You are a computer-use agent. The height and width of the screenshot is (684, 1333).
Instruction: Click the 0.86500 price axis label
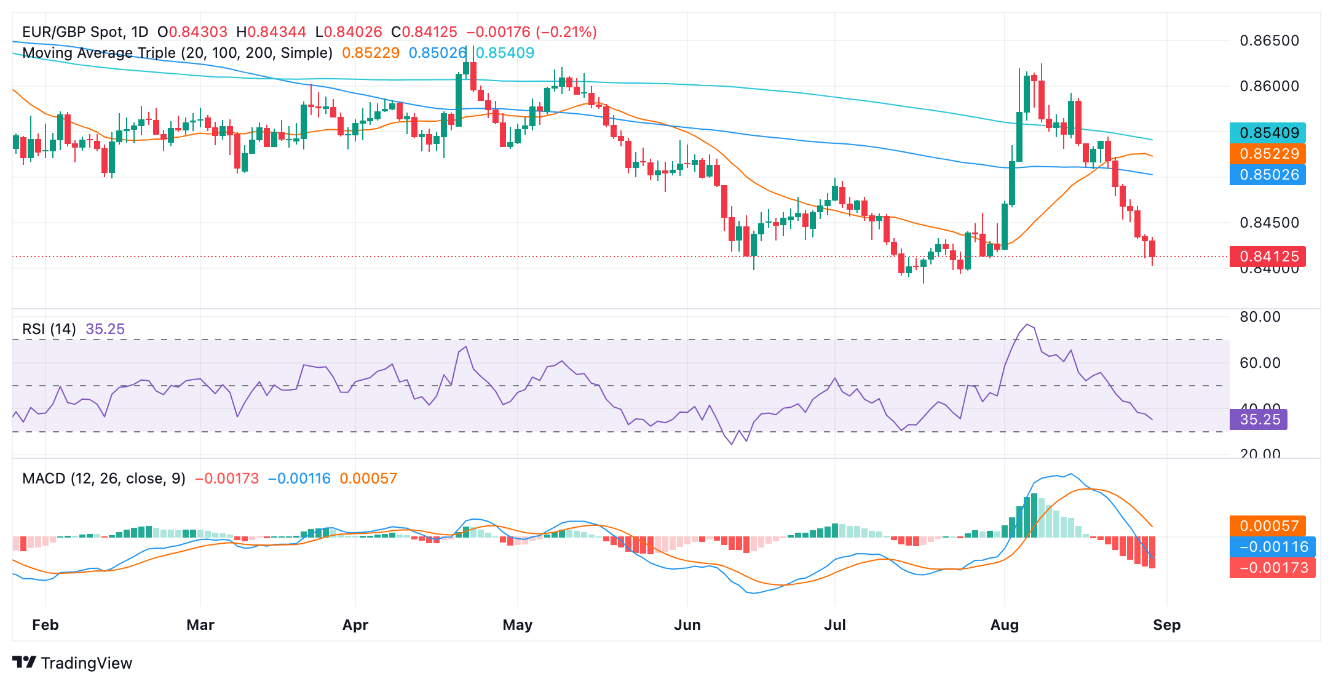[x=1269, y=41]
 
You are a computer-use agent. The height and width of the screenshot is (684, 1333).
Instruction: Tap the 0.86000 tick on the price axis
[x=1269, y=86]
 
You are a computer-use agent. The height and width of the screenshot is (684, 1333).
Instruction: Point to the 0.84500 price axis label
[x=1269, y=223]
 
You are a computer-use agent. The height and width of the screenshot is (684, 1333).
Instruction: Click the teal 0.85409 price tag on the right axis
[x=1267, y=133]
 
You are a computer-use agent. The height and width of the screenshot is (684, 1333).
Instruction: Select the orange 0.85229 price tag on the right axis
[x=1267, y=154]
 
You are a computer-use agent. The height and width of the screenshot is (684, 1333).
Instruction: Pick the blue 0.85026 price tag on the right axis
[x=1267, y=175]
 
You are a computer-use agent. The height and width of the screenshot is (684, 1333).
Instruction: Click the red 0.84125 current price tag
[x=1267, y=256]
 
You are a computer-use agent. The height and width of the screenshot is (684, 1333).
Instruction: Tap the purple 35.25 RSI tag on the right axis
[x=1258, y=420]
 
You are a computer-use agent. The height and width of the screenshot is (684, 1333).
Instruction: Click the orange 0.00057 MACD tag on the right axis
[x=1267, y=526]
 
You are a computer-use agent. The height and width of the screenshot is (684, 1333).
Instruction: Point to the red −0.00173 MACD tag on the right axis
[x=1272, y=568]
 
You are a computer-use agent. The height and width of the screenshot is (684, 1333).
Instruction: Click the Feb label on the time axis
[x=45, y=625]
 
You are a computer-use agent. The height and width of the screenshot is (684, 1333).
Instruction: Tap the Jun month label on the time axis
[x=687, y=625]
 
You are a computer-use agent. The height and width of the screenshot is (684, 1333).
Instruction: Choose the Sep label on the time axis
[x=1166, y=625]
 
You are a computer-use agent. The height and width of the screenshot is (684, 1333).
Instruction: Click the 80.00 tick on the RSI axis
[x=1260, y=317]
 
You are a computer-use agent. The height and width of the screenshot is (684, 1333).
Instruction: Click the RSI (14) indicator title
[x=49, y=329]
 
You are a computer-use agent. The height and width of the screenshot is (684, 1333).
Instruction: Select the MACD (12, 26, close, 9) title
[x=104, y=479]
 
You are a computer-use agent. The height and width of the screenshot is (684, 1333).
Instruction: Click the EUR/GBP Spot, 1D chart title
[x=85, y=32]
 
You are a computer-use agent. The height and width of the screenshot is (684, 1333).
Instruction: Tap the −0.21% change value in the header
[x=566, y=32]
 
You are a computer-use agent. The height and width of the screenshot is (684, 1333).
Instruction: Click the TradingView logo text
[x=86, y=663]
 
